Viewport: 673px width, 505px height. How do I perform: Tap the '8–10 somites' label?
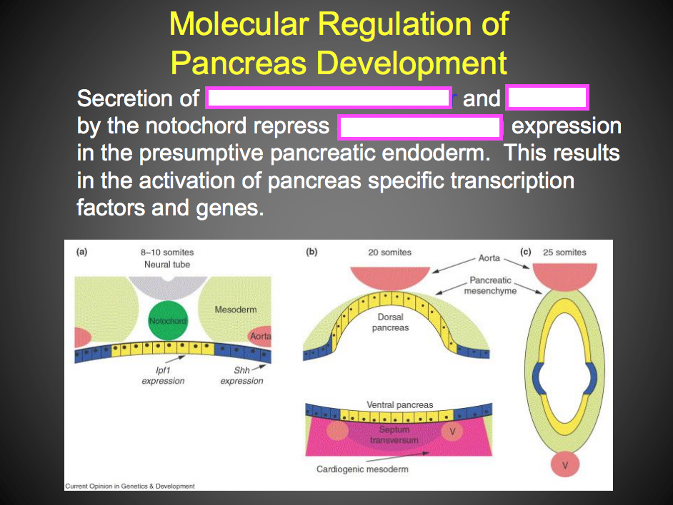[166, 252]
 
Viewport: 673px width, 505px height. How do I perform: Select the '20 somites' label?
[389, 252]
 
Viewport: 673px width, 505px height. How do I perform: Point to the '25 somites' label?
[564, 252]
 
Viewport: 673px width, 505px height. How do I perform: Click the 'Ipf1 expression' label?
[163, 375]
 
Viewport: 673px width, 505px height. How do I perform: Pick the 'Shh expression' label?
[241, 375]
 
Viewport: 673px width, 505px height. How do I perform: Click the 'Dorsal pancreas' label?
[390, 322]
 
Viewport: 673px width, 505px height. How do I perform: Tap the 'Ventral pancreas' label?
[399, 404]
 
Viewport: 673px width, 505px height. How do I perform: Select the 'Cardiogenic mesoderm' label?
[362, 469]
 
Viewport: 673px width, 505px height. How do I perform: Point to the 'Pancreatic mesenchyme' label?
[490, 285]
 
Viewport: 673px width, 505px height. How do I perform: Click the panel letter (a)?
[82, 252]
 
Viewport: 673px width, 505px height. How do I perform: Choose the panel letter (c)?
[526, 252]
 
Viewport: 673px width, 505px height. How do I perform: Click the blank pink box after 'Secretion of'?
[329, 98]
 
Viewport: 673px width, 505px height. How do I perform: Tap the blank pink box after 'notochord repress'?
[420, 128]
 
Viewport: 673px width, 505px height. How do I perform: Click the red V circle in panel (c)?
[566, 466]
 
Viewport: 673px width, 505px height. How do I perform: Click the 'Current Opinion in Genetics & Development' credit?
[130, 486]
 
